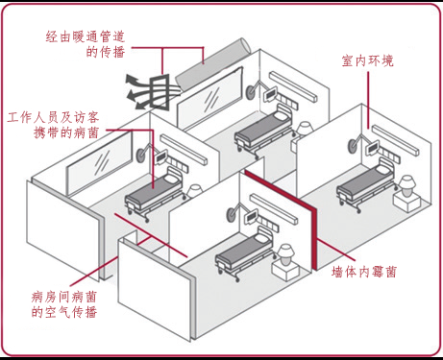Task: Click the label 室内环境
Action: (367, 60)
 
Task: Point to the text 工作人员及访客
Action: (59, 116)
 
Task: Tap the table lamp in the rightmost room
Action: (407, 181)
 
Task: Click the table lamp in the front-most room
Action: (285, 254)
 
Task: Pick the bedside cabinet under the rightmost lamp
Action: (408, 202)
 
